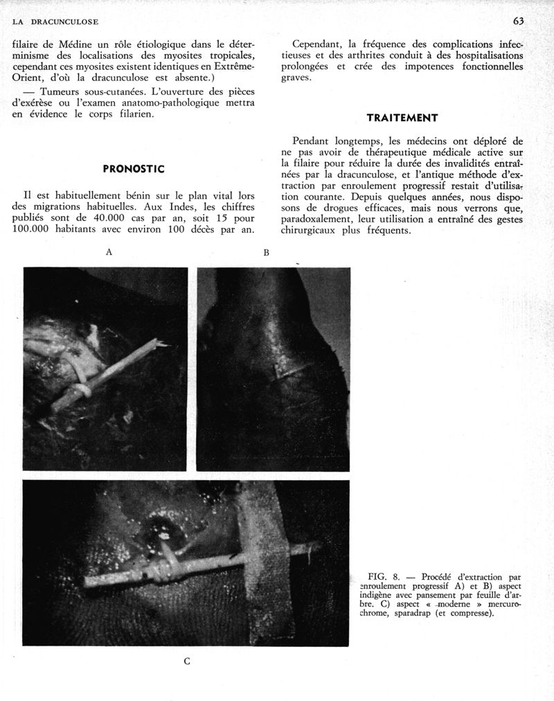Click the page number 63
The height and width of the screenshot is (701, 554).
(519, 21)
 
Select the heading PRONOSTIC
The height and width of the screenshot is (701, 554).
(133, 168)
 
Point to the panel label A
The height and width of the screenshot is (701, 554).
(109, 252)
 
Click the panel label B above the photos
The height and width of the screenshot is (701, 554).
(266, 253)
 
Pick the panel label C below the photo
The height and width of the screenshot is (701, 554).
(187, 661)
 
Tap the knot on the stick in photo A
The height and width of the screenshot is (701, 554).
(80, 391)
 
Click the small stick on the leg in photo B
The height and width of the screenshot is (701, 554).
(292, 371)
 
